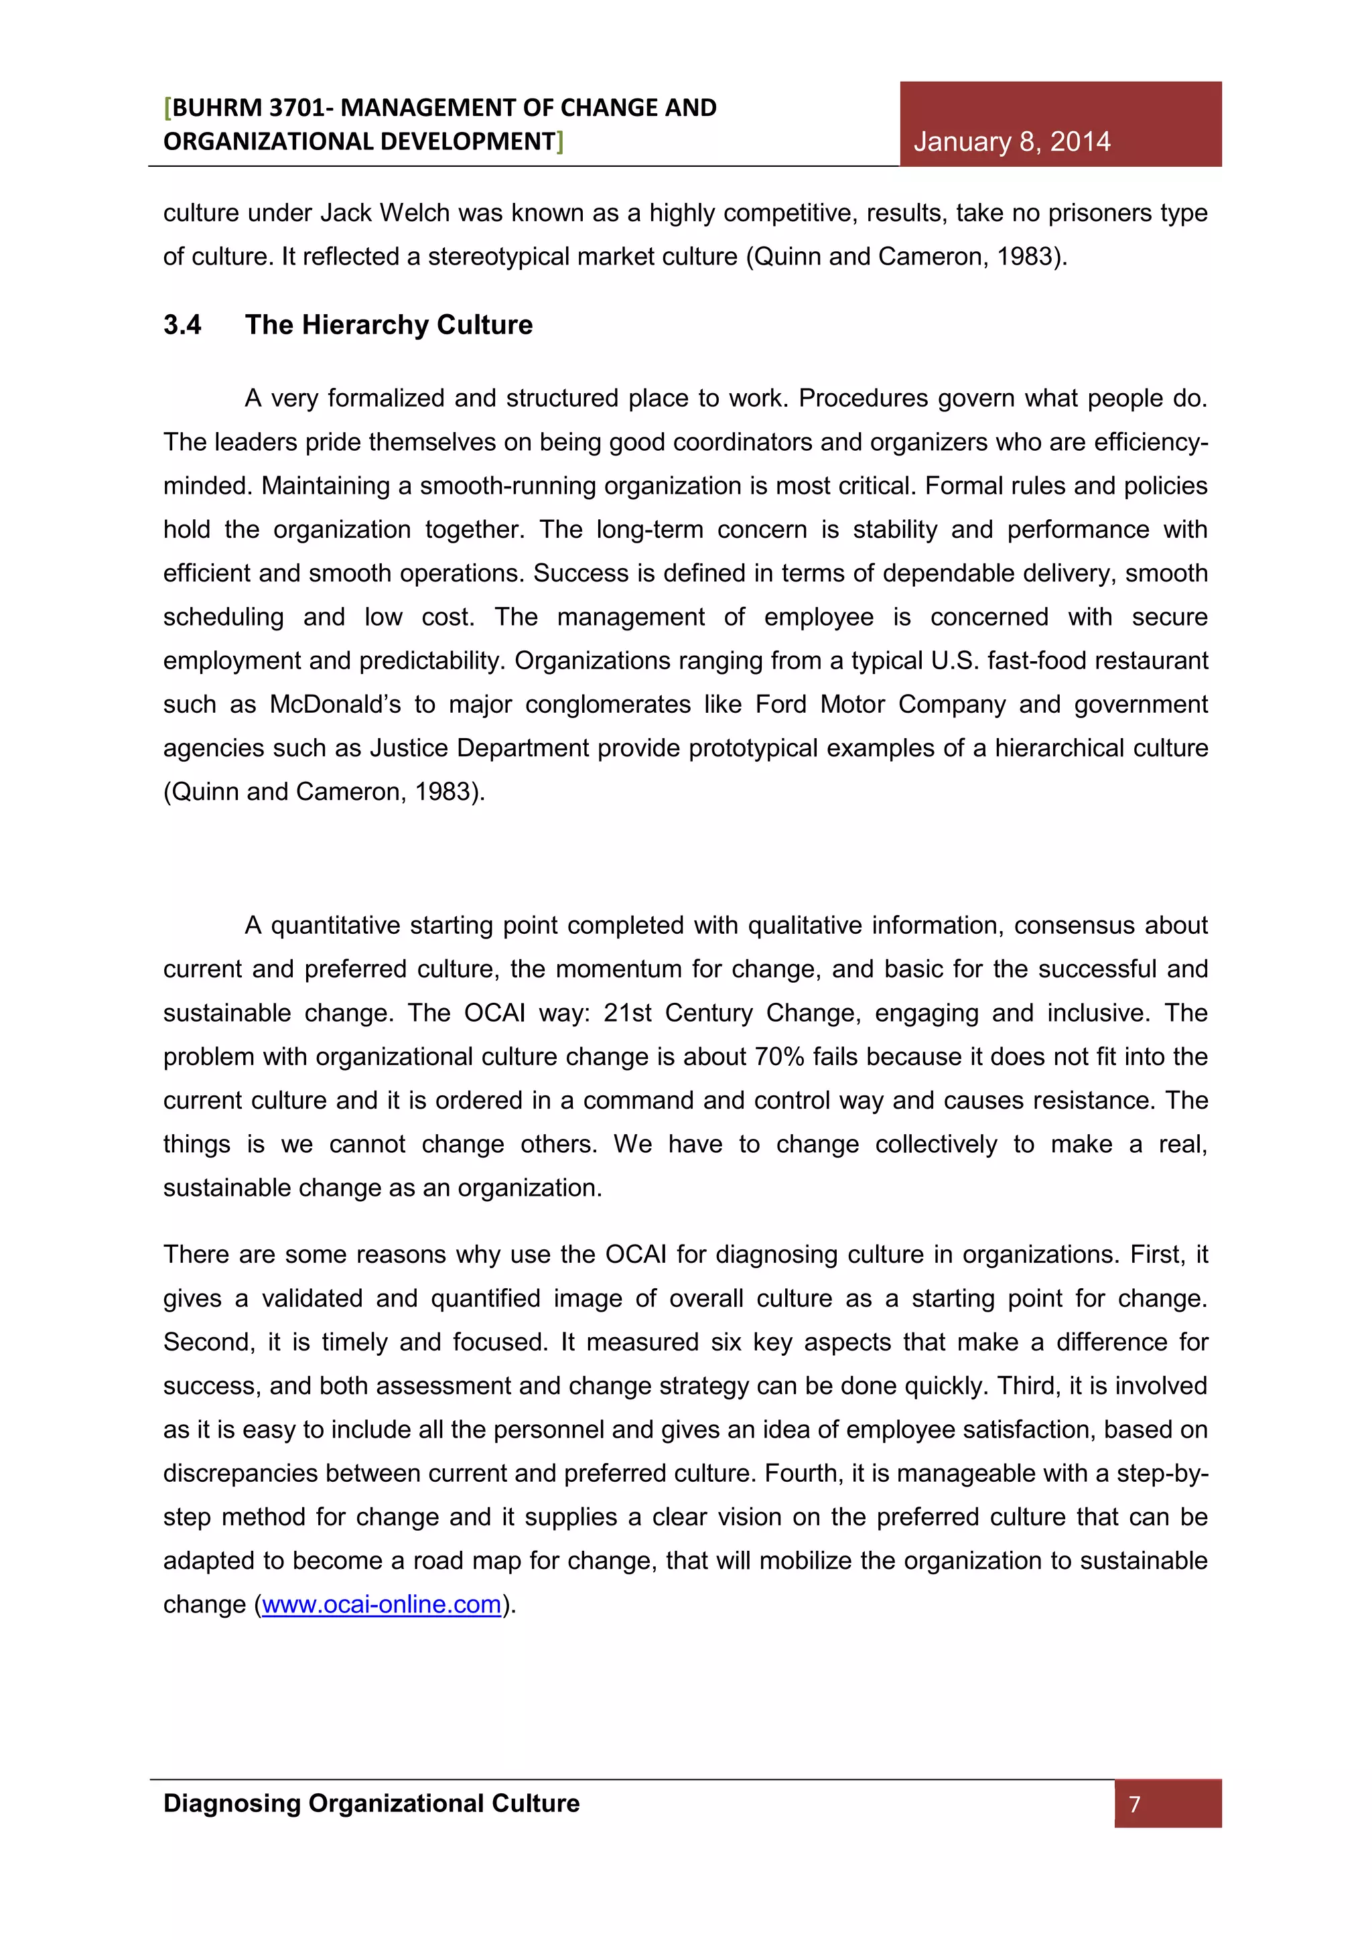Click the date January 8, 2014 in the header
click(1012, 141)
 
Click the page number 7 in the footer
click(1135, 1804)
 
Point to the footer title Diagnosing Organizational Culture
click(371, 1803)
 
